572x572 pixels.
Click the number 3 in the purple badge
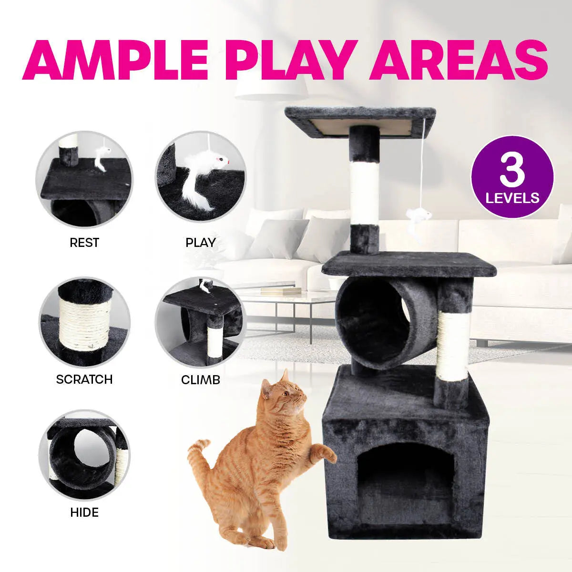pyautogui.click(x=512, y=171)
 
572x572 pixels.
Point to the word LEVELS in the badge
pyautogui.click(x=512, y=197)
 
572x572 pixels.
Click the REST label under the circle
pyautogui.click(x=84, y=243)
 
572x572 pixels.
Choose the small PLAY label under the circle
pyautogui.click(x=200, y=243)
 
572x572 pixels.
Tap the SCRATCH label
pyautogui.click(x=84, y=379)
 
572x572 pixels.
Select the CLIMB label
pyautogui.click(x=200, y=379)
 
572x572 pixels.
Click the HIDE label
pyautogui.click(x=84, y=512)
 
